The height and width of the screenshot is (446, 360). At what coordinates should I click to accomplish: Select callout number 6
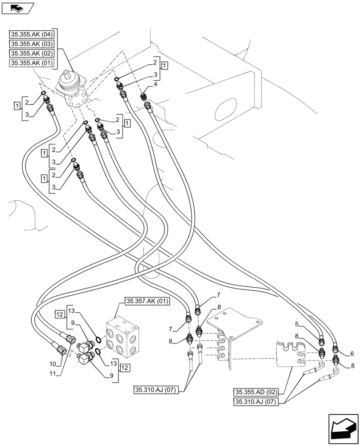(352, 354)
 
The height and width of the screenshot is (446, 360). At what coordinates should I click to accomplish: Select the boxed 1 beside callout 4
(165, 66)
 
